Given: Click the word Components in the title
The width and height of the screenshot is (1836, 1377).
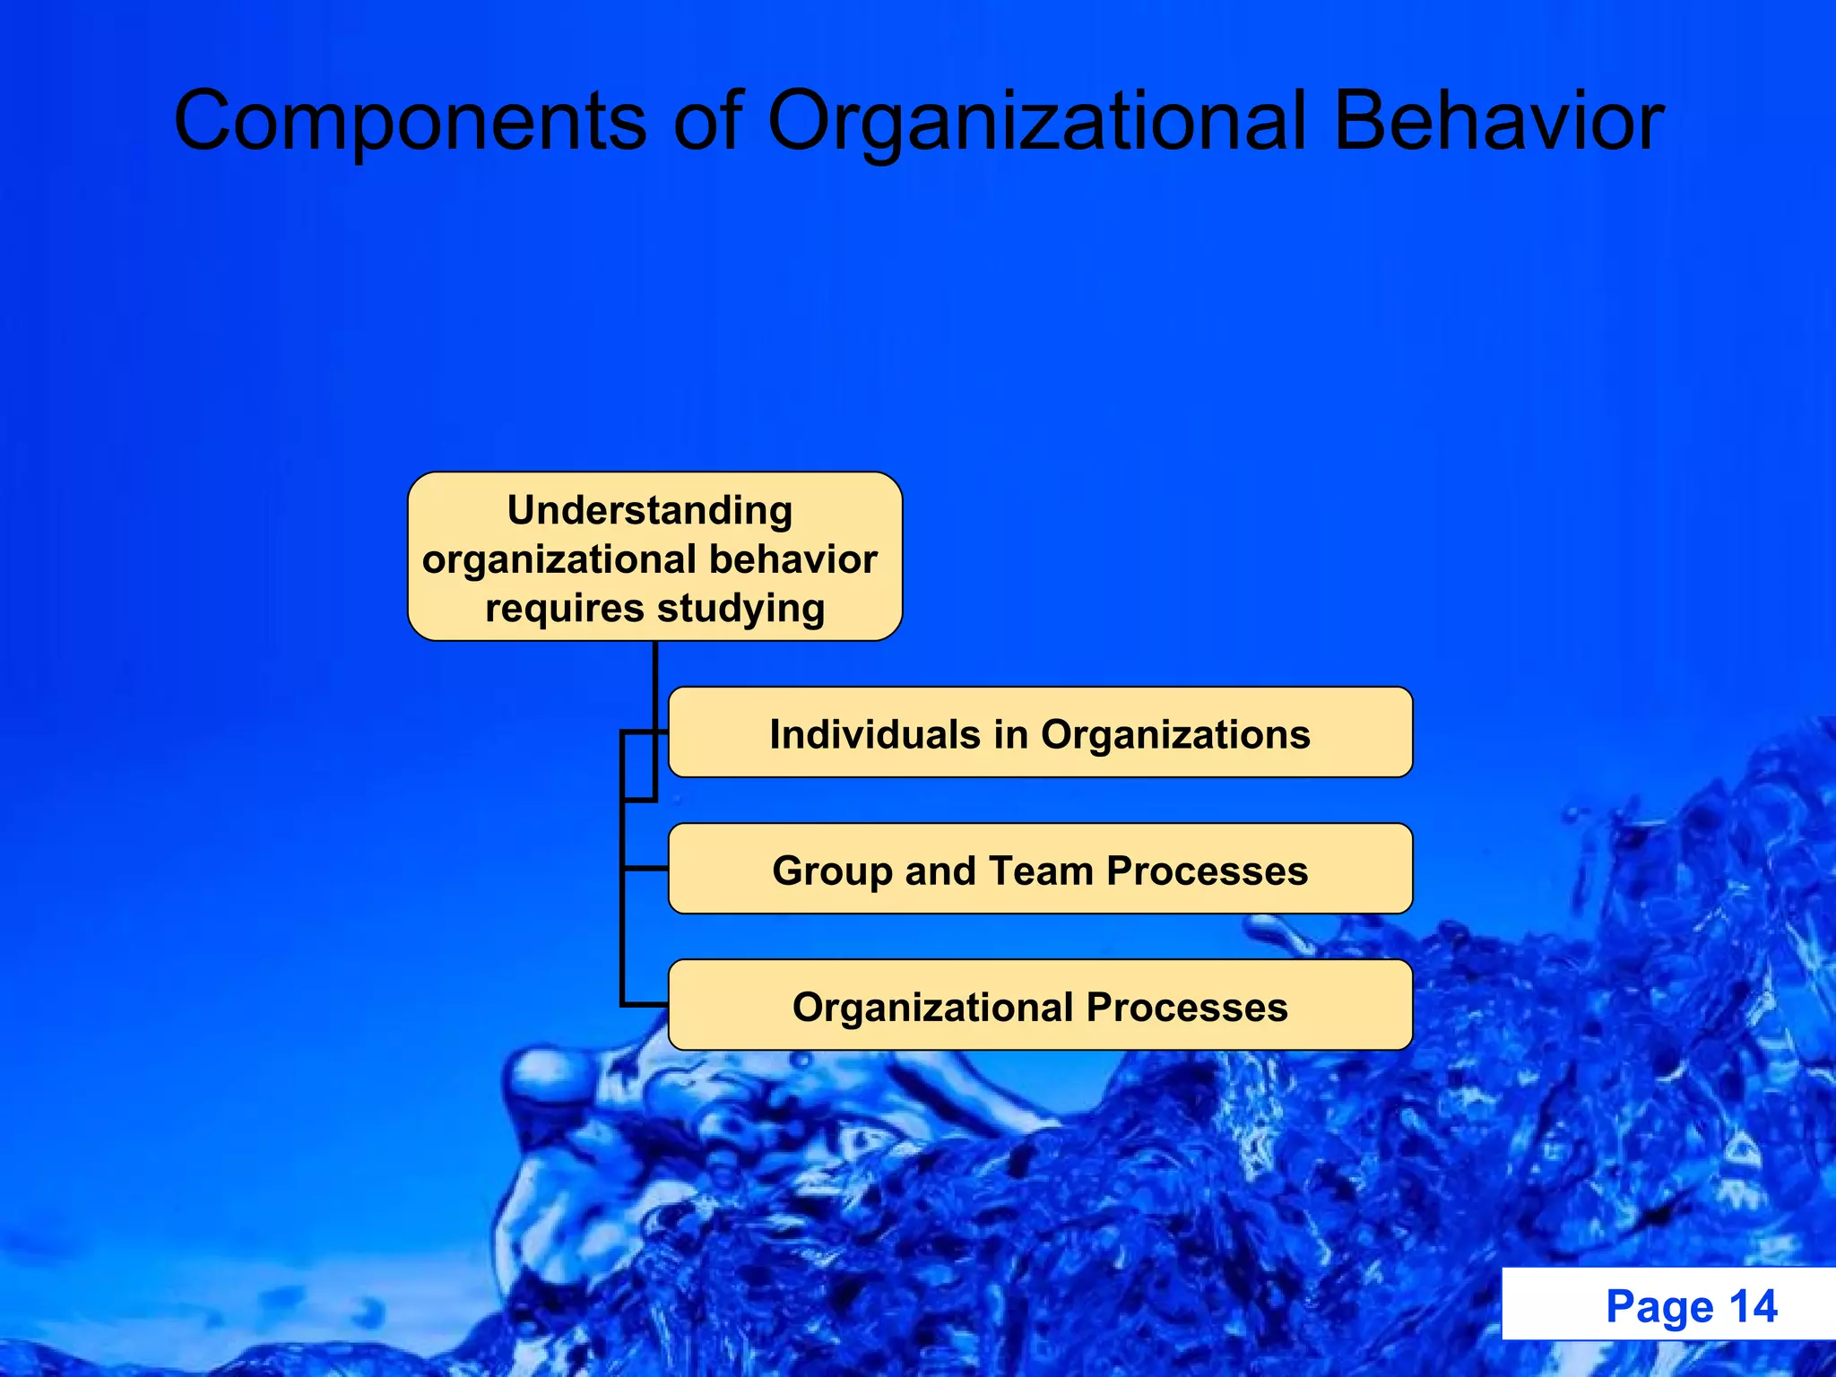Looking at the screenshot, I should [x=410, y=122].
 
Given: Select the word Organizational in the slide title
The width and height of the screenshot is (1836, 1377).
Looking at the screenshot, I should [x=1037, y=122].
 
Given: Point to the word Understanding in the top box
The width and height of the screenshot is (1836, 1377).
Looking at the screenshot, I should [x=650, y=511].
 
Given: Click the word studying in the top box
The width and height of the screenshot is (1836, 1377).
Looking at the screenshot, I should [x=740, y=609].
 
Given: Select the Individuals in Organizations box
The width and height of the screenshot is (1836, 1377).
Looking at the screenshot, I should [x=1040, y=732].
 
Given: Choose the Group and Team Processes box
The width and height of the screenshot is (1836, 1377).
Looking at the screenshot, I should [x=1040, y=869].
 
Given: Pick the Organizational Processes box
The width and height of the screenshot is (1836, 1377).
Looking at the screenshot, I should [x=1040, y=1005].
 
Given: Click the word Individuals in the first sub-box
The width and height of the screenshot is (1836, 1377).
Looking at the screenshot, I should [x=875, y=735].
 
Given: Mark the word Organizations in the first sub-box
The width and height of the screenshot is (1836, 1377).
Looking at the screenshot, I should [x=1175, y=735].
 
